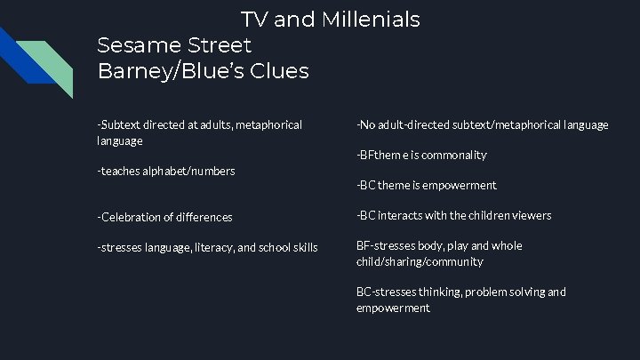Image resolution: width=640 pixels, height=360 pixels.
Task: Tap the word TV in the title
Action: [254, 19]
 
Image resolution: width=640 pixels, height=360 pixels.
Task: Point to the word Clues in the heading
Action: [280, 71]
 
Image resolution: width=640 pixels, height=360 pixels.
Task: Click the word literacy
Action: [219, 247]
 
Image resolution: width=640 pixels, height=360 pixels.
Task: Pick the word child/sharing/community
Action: [420, 261]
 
